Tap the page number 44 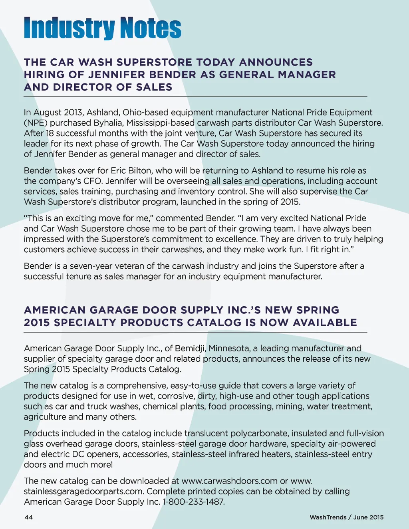click(29, 517)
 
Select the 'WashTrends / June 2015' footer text click(346, 517)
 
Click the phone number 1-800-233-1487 click(193, 502)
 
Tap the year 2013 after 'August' click(71, 113)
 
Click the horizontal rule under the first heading click(195, 97)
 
